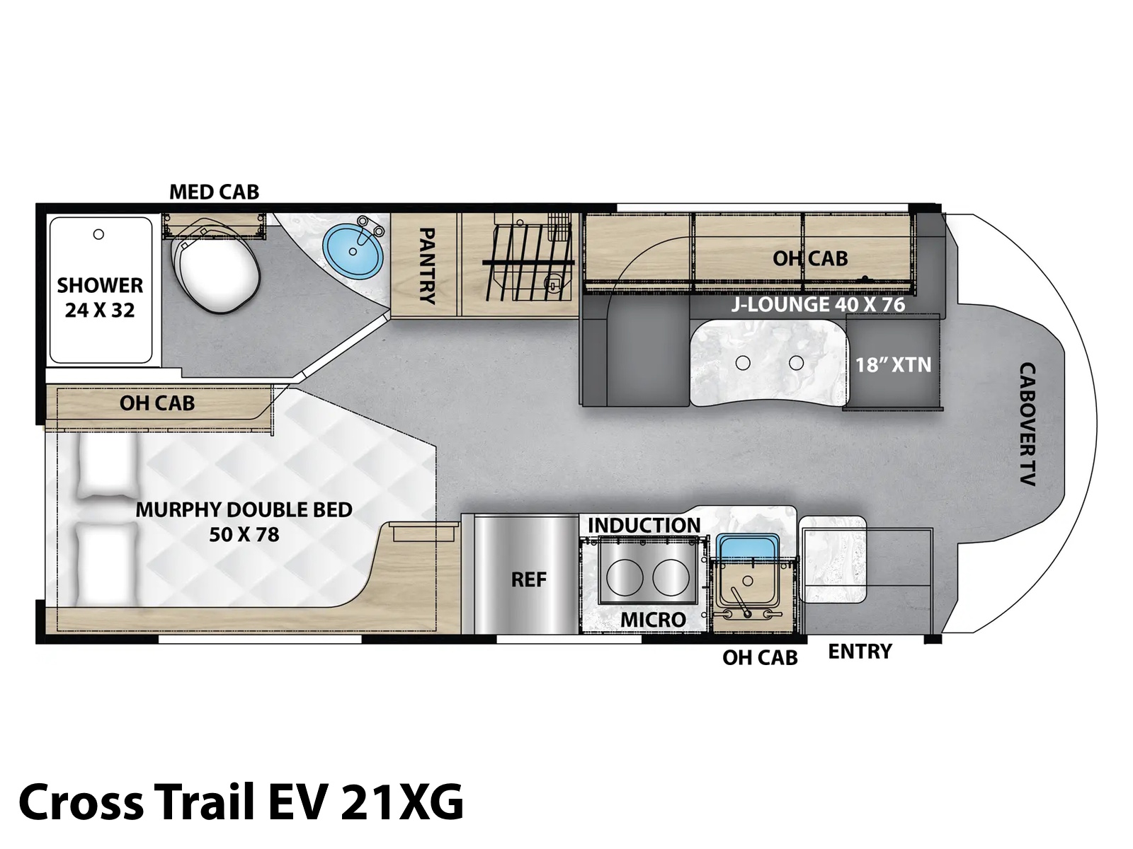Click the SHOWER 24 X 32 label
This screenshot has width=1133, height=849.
(100, 297)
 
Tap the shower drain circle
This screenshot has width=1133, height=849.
(98, 235)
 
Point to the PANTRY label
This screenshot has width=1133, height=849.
(426, 266)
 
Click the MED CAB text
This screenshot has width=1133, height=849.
(215, 192)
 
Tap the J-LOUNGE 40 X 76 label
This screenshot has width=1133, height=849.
(818, 305)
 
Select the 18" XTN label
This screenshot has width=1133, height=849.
(894, 365)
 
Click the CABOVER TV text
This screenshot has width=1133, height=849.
(1027, 424)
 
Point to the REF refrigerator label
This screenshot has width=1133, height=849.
(528, 580)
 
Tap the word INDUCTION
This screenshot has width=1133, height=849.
(644, 525)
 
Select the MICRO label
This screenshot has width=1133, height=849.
(653, 620)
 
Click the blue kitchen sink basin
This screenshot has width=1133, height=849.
(747, 548)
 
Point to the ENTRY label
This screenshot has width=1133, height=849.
(860, 652)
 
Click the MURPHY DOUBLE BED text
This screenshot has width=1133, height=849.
(244, 510)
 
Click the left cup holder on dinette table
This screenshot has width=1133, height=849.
(743, 364)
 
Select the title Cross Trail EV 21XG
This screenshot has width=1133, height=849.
(241, 802)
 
